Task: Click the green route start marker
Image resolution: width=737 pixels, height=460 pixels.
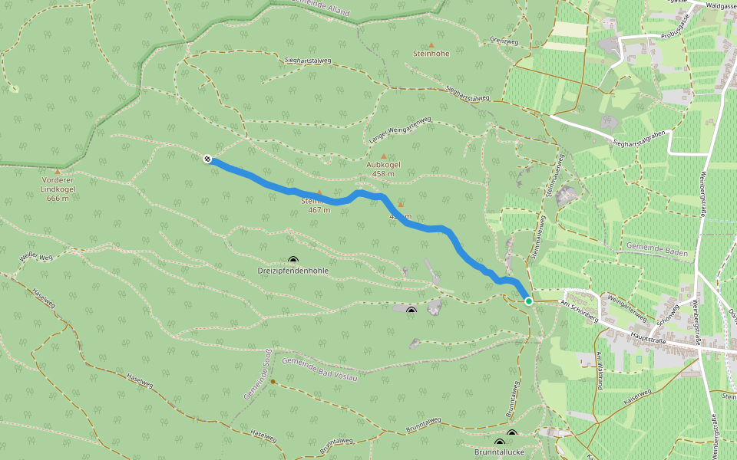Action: tap(529, 301)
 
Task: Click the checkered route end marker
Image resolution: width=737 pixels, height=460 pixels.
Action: tap(207, 159)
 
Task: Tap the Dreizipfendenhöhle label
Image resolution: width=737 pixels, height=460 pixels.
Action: tap(293, 271)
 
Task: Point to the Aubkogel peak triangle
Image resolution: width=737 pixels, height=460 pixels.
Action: tap(384, 156)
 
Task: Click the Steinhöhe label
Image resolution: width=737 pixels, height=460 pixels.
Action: tap(431, 54)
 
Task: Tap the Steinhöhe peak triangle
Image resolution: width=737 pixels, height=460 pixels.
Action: tap(431, 44)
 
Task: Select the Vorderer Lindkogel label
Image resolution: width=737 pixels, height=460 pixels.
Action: tap(58, 189)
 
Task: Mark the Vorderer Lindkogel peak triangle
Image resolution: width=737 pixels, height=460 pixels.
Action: tap(58, 172)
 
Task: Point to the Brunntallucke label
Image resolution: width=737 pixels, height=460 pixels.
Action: tap(500, 453)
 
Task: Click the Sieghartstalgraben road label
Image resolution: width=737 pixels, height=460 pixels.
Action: tap(643, 138)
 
